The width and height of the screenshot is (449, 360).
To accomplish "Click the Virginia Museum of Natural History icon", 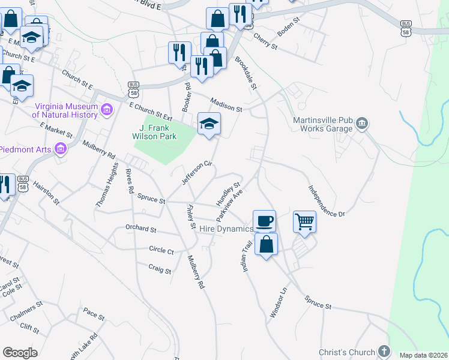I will pos(107,109).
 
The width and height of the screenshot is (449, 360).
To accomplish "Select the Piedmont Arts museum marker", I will pos(61,148).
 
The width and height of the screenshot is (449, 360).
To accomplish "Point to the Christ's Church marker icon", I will pos(384,352).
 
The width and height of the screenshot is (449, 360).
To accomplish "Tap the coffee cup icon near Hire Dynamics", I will pos(264,221).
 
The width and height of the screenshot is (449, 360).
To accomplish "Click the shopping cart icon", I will pos(304,221).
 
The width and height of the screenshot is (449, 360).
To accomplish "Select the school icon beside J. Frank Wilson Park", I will pos(209,124).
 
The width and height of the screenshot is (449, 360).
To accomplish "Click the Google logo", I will pos(20,353).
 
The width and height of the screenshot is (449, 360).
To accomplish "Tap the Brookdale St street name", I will pos(246,74).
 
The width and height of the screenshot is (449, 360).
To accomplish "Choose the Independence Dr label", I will pos(327,201).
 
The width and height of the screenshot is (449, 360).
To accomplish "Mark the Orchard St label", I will pos(140,229).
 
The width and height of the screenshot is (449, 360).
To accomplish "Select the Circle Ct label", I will pos(161,251).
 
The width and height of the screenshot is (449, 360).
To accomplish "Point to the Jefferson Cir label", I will pos(197,173).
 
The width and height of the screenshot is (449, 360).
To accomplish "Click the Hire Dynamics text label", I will pos(226,229).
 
